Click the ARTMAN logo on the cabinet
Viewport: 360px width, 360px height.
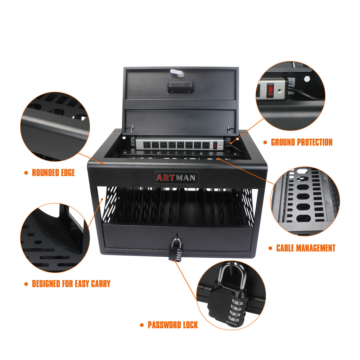[x=177, y=177]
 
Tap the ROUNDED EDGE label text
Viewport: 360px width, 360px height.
[x=53, y=173]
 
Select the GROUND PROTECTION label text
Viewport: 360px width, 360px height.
[x=302, y=142]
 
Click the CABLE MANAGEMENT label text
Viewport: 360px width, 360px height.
[x=306, y=248]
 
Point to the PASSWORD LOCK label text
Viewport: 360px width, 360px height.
[x=173, y=325]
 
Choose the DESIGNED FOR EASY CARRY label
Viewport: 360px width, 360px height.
[x=71, y=284]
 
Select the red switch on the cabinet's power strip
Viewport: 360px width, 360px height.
[x=216, y=145]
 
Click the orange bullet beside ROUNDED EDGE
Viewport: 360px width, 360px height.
[x=26, y=173]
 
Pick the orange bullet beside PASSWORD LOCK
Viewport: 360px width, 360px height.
[x=142, y=325]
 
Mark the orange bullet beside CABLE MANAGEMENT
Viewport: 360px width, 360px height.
[x=270, y=248]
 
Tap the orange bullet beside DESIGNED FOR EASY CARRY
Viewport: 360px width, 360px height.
[x=26, y=284]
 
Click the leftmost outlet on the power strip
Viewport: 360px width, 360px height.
[x=147, y=145]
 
